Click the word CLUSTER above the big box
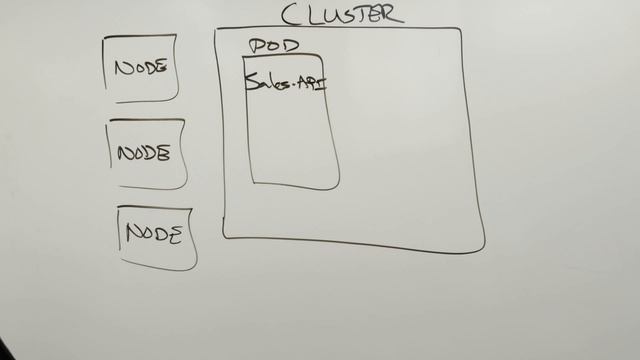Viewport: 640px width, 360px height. click(x=342, y=14)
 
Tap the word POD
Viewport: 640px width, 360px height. click(x=273, y=46)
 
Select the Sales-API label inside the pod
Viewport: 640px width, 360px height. click(x=286, y=82)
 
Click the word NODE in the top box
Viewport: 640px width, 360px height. click(x=140, y=68)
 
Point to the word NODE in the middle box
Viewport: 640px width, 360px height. click(x=144, y=154)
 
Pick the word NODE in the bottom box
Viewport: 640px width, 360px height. click(x=154, y=234)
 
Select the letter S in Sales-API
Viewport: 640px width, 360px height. click(x=251, y=82)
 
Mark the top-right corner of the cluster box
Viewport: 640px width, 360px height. click(x=460, y=30)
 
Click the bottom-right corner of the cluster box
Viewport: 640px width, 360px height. click(x=484, y=250)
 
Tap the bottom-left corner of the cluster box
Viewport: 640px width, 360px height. click(x=224, y=237)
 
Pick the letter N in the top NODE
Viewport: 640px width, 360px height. click(x=122, y=68)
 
